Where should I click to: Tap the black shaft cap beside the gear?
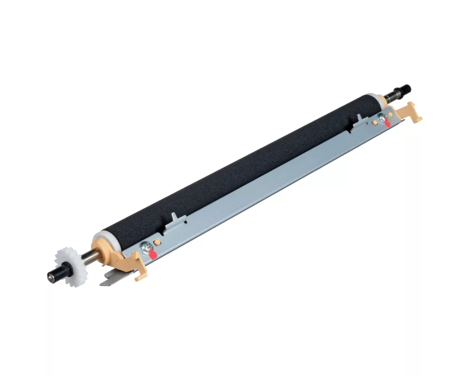tap(55, 274)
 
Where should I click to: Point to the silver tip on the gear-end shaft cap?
tap(49, 276)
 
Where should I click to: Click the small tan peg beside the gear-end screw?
tap(157, 241)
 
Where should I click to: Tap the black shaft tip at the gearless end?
tap(405, 88)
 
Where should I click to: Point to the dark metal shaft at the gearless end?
tap(391, 95)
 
